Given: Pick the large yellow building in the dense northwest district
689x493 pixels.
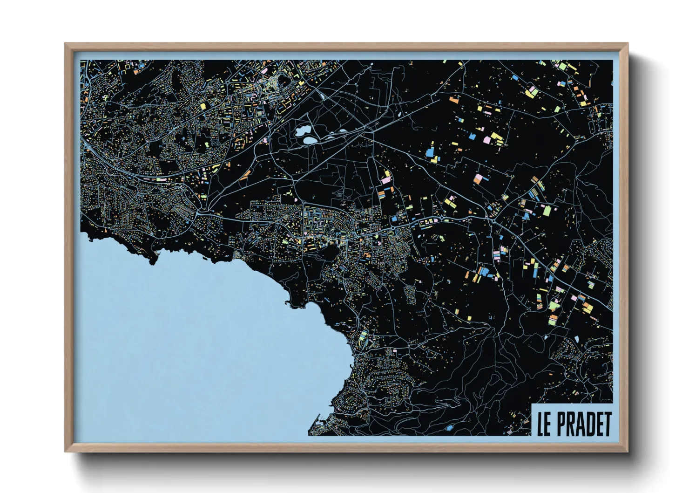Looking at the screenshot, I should [203, 106].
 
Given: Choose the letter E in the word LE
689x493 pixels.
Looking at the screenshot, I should [548, 424].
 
